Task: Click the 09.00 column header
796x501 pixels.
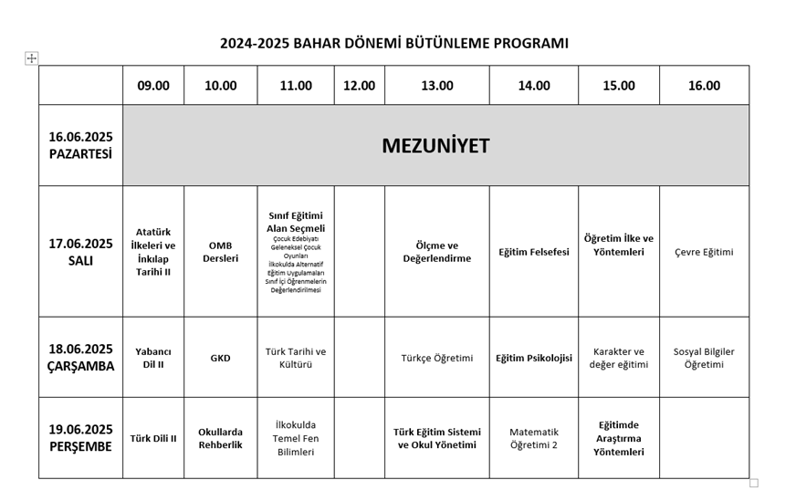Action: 153,86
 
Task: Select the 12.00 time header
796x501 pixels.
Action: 359,86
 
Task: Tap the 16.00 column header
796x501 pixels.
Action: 704,86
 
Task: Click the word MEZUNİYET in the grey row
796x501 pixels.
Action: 435,146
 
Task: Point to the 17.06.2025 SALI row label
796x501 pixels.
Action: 80,252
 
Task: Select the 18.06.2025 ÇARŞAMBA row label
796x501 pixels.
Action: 80,358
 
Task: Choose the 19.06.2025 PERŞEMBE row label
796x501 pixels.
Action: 80,438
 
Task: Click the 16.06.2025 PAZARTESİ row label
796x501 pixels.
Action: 80,146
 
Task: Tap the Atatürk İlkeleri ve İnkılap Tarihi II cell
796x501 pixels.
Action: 153,252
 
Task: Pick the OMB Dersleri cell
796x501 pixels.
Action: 220,252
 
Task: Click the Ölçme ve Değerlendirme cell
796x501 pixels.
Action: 437,252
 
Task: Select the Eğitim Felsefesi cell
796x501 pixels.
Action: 534,252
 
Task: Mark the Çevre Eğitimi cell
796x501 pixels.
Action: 704,252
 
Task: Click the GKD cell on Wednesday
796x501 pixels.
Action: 220,359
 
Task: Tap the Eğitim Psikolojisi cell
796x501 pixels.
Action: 534,359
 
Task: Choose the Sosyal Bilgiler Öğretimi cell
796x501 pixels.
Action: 704,358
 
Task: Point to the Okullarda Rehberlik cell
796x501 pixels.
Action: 220,438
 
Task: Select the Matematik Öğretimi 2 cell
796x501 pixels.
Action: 534,438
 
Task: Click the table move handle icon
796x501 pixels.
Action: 32,58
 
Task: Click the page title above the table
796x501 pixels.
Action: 394,43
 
